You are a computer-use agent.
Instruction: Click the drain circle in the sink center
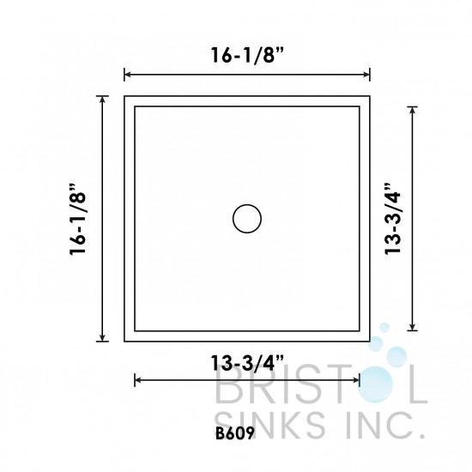pyautogui.click(x=247, y=219)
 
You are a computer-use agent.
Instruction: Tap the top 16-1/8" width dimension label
pyautogui.click(x=246, y=55)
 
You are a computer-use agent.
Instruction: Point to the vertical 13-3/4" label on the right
pyautogui.click(x=396, y=219)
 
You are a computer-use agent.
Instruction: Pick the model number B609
pyautogui.click(x=236, y=433)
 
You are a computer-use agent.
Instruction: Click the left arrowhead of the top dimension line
pyautogui.click(x=128, y=74)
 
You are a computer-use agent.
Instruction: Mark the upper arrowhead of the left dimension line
pyautogui.click(x=104, y=99)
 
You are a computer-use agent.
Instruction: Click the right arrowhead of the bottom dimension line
pyautogui.click(x=356, y=378)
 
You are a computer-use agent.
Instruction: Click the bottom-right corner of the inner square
pyautogui.click(x=360, y=330)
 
